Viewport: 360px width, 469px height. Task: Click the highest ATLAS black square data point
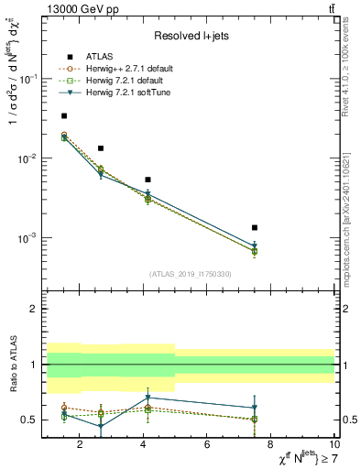pyautogui.click(x=63, y=115)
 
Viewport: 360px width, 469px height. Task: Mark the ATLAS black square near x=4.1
pyautogui.click(x=147, y=180)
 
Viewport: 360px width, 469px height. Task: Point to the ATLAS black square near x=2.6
pyautogui.click(x=100, y=147)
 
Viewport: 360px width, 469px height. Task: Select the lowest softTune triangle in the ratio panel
pyautogui.click(x=100, y=427)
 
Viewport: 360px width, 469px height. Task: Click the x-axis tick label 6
pyautogui.click(x=207, y=445)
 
